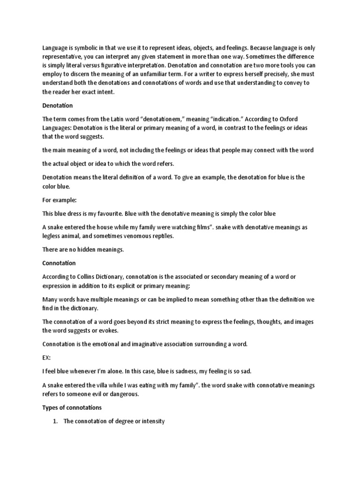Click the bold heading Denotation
point(57,105)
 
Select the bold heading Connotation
point(59,263)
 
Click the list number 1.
point(55,421)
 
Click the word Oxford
point(310,119)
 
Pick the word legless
point(52,236)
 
